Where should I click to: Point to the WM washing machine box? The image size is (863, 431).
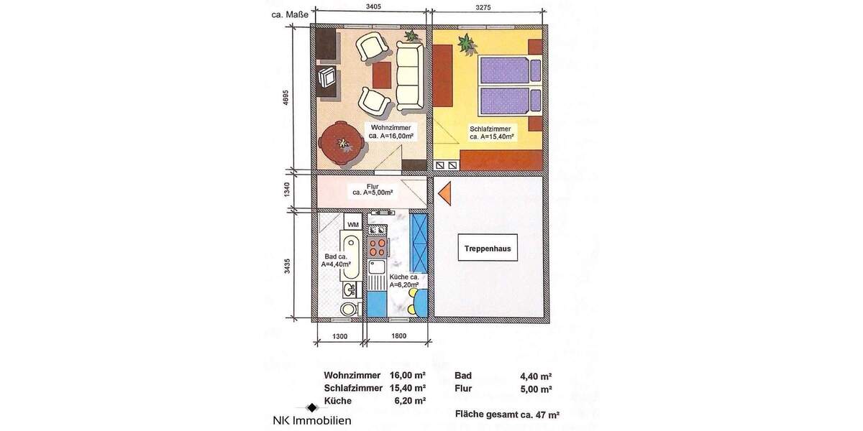(352, 225)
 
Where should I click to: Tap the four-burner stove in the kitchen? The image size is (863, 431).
(377, 248)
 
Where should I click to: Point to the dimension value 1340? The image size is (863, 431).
(286, 191)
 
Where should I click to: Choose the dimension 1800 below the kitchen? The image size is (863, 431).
(398, 335)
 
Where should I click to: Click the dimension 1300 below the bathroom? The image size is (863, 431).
(340, 335)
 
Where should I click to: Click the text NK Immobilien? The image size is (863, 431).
(311, 420)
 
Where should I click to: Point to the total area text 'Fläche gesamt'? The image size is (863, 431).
(507, 414)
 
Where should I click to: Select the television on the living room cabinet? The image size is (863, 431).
(327, 76)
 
